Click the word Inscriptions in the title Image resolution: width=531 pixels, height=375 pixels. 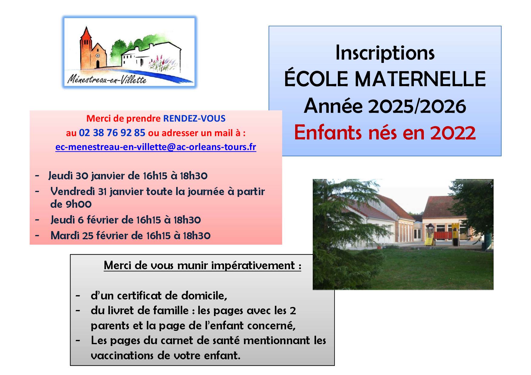(x=385, y=53)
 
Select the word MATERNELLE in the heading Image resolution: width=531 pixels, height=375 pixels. (x=420, y=79)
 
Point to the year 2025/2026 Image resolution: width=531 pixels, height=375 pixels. (x=417, y=106)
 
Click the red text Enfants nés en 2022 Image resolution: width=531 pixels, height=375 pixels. (x=385, y=133)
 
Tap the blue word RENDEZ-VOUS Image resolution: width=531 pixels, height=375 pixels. (x=194, y=119)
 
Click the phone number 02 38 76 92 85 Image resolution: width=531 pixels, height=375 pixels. (x=112, y=133)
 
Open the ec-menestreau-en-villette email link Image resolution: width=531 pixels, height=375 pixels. (x=156, y=147)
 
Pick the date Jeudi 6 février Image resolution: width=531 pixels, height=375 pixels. (x=92, y=220)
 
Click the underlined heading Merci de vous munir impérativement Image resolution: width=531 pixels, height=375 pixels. (x=202, y=266)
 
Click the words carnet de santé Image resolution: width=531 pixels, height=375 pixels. (x=200, y=341)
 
